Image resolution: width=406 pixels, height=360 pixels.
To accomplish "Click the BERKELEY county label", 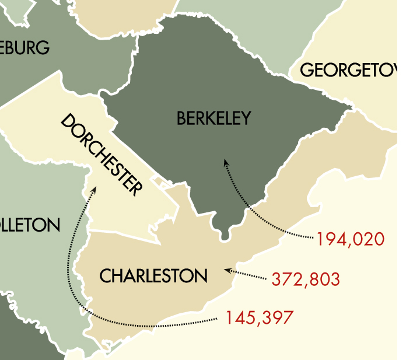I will point(213,118).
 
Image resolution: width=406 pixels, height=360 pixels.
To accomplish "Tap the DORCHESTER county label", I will point(101,155).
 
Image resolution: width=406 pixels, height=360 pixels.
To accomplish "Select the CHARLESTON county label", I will point(153,275).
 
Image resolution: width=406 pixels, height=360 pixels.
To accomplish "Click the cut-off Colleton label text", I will point(29,225).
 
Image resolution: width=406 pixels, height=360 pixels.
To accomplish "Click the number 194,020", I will point(351,239).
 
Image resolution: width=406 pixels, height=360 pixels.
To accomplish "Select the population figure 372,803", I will point(306,279).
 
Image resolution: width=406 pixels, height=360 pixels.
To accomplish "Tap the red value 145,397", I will point(260,318).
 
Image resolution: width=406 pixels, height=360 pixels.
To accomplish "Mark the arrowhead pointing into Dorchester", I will point(93,191).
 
